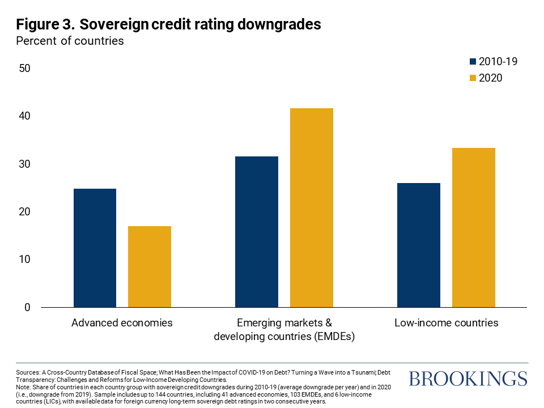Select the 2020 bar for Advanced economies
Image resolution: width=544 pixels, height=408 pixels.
[150, 266]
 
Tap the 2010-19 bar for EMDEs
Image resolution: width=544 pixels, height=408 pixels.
[257, 232]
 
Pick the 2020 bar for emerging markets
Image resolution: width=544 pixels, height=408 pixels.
[312, 207]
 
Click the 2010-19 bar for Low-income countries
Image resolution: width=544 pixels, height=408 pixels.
[419, 245]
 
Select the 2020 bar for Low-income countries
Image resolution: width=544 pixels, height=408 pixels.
[474, 227]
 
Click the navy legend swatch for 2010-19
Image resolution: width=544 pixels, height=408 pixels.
[473, 62]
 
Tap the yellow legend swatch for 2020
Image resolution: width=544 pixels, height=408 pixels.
[473, 78]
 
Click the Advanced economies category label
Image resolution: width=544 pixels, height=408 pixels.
[122, 323]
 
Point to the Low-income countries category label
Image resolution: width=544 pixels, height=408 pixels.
[446, 323]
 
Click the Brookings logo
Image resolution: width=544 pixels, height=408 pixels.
[467, 379]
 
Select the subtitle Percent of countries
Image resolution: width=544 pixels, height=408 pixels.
[70, 41]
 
